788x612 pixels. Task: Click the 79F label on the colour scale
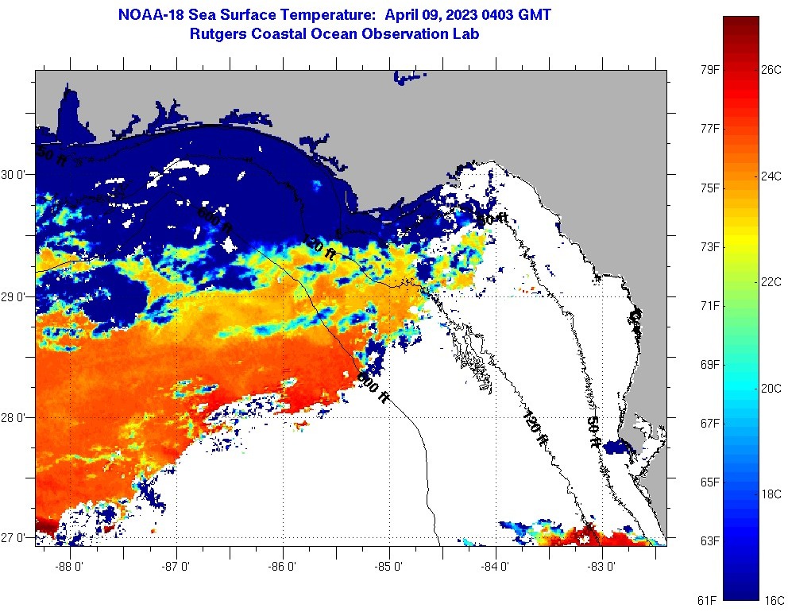[709, 70]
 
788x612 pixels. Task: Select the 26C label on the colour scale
[771, 70]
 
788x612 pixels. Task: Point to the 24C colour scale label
[771, 176]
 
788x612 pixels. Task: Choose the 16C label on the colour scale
[774, 599]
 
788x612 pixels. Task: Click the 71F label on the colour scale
[709, 306]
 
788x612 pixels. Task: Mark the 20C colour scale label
[771, 389]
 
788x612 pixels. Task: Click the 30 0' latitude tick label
[17, 175]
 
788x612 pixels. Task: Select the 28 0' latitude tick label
[17, 418]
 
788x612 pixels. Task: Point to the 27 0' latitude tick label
[17, 538]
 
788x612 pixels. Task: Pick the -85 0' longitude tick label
[390, 567]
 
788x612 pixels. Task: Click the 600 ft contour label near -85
[373, 387]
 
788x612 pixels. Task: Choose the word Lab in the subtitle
[466, 34]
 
